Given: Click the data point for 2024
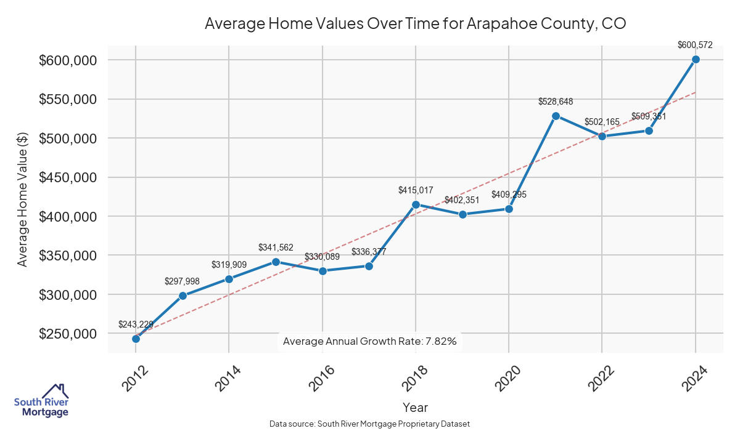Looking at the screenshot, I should point(696,59).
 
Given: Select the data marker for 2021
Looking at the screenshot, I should point(556,116).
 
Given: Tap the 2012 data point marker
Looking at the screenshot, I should point(136,339).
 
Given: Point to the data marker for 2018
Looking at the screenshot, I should point(416,204).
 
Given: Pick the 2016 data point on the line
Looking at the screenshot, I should point(322,271).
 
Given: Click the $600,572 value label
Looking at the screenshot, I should point(695,45).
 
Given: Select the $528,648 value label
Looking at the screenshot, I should point(556,102).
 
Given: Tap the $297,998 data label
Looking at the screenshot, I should point(182,281).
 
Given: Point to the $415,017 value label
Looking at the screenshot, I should point(416,191).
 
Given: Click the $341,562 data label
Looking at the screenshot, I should point(276,248).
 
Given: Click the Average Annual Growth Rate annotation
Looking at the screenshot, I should point(369,341).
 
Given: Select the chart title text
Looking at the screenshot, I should point(415,24).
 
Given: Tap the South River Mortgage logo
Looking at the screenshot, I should point(41,401).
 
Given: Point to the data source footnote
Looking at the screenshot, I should point(370,424).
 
